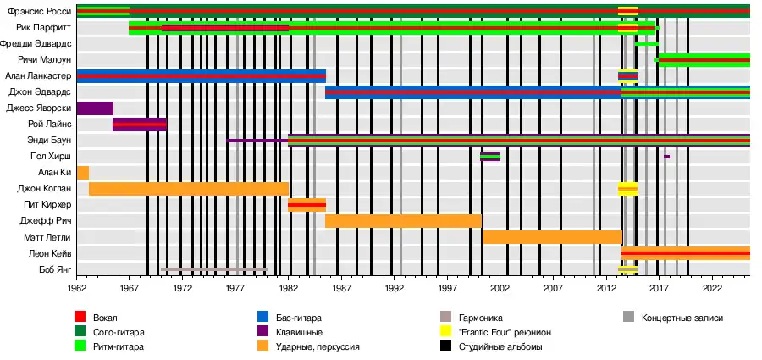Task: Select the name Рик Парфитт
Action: (x=44, y=28)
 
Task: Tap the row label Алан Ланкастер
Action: (x=40, y=76)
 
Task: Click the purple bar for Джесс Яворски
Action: (x=95, y=108)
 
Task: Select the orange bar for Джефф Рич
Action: (x=403, y=221)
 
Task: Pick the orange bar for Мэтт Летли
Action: (x=551, y=237)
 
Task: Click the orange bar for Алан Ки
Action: (x=83, y=173)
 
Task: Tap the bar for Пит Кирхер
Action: (x=306, y=205)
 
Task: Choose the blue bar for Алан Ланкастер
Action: (x=201, y=76)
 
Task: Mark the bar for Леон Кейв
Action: (x=685, y=253)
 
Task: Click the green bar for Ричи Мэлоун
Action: (x=704, y=60)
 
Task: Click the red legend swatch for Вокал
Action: (x=81, y=318)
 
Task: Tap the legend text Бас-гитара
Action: (x=301, y=318)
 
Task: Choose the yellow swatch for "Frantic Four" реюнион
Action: (x=446, y=332)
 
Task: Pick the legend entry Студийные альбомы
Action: (x=500, y=347)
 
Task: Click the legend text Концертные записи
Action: (x=682, y=318)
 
